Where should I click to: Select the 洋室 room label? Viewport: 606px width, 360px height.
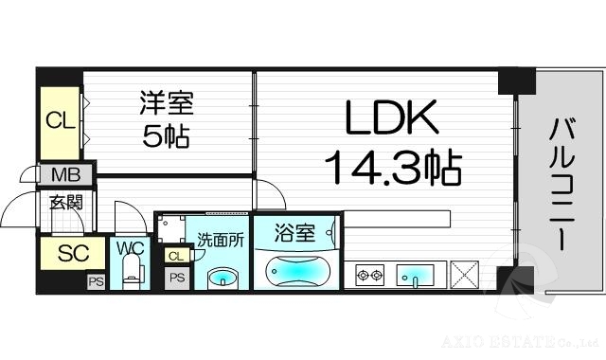pyautogui.click(x=162, y=102)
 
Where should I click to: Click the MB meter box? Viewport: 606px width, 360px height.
pyautogui.click(x=66, y=175)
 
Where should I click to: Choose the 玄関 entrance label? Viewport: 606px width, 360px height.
pyautogui.click(x=65, y=201)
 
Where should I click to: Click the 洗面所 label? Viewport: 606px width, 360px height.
pyautogui.click(x=221, y=240)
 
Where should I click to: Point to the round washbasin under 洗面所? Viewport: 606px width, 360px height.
pyautogui.click(x=222, y=278)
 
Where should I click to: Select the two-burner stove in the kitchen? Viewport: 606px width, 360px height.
pyautogui.click(x=368, y=276)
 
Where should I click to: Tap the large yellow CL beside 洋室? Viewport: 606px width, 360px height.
pyautogui.click(x=60, y=120)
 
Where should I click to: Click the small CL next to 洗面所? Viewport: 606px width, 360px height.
pyautogui.click(x=175, y=256)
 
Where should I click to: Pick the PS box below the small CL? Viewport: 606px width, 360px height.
pyautogui.click(x=176, y=279)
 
